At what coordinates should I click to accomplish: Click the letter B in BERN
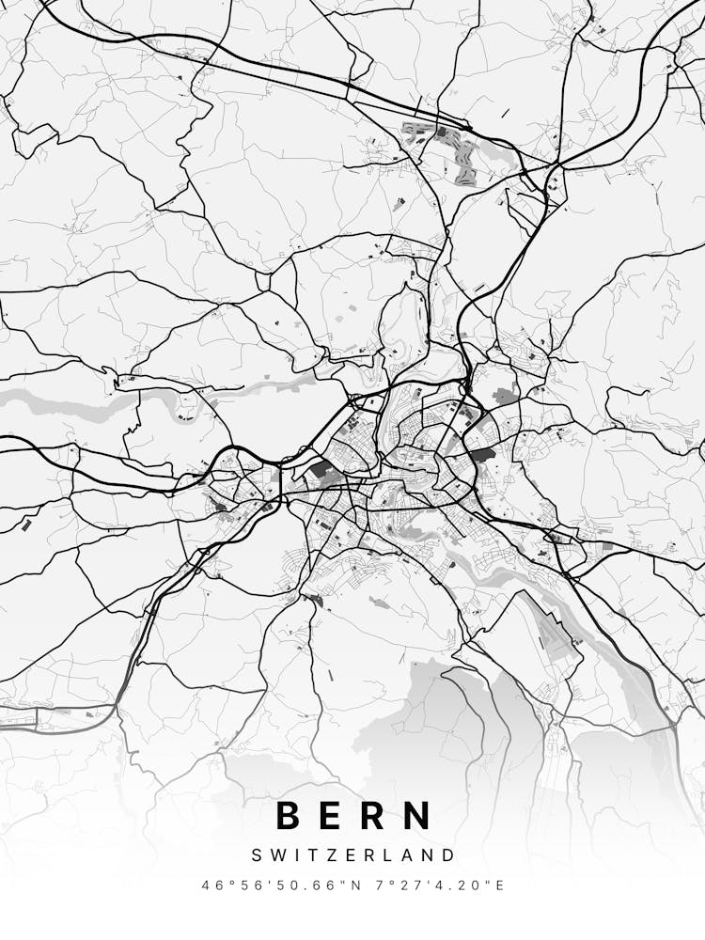tap(288, 815)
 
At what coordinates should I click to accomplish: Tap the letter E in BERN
tap(331, 815)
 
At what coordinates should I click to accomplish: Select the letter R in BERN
tap(373, 815)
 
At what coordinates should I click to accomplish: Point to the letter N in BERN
tap(417, 815)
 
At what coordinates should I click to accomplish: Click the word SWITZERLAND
tap(352, 855)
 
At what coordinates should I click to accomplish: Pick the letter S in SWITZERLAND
tap(256, 855)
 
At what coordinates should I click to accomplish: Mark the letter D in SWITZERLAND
tap(448, 855)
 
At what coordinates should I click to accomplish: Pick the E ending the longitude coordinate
tap(500, 885)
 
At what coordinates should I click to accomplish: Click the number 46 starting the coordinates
tap(211, 885)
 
